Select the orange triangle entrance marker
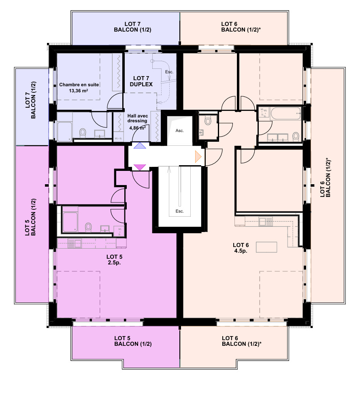pos(198,157)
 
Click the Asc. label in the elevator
pos(179,131)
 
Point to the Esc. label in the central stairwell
pos(179,211)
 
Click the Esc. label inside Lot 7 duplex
pos(169,72)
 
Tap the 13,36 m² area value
pos(79,91)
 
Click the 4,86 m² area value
pos(138,128)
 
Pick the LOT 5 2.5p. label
pos(114,260)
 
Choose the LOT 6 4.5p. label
pos(241,247)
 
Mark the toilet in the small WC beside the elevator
pos(208,120)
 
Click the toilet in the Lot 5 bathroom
pos(88,228)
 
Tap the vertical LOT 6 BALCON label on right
pos(325,177)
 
